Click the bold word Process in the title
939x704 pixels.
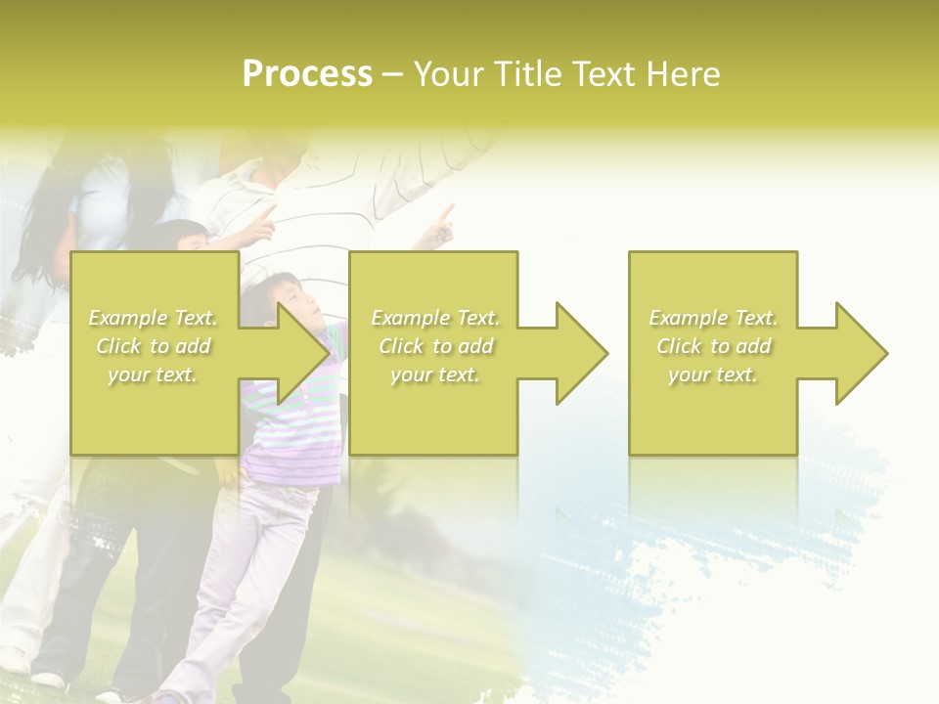307,74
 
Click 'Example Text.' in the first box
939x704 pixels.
154,318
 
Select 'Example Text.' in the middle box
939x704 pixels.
435,318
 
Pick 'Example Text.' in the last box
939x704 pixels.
713,318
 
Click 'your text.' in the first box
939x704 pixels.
154,374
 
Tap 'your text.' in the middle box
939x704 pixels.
435,374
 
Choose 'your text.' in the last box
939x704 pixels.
713,374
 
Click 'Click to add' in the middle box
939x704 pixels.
435,346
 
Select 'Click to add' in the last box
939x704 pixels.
713,346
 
